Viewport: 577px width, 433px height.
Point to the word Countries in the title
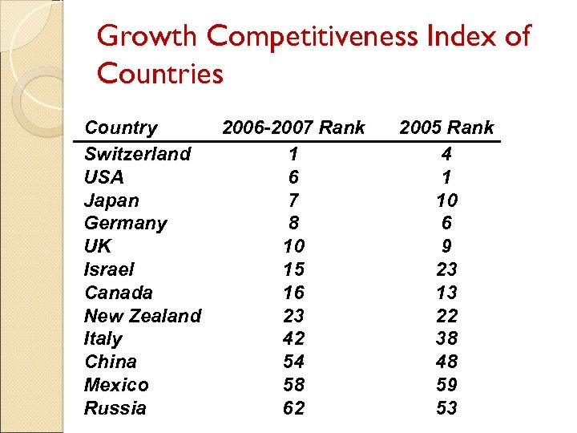click(x=159, y=74)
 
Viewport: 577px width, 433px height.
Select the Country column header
click(x=121, y=127)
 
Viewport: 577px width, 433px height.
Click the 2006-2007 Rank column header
click(x=293, y=127)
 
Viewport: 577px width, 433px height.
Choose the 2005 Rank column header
click(x=446, y=127)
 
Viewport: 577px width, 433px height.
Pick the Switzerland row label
click(x=137, y=153)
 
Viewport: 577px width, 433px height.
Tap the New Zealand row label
click(x=143, y=316)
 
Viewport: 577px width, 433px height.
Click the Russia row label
click(x=115, y=408)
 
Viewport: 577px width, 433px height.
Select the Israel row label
click(x=109, y=269)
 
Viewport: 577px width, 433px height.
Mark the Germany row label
click(x=126, y=223)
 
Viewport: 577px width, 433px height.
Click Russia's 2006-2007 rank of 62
click(x=294, y=408)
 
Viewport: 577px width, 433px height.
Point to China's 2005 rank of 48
click(x=446, y=362)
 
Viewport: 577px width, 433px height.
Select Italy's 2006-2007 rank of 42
click(x=294, y=338)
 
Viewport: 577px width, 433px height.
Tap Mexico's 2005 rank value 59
click(x=446, y=385)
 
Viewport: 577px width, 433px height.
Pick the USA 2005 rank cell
click(x=446, y=176)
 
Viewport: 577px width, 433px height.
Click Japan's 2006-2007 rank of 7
click(x=294, y=200)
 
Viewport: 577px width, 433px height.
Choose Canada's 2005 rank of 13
click(x=446, y=293)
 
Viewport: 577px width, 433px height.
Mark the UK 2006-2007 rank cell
click(x=294, y=246)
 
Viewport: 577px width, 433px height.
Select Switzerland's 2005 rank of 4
click(x=446, y=153)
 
